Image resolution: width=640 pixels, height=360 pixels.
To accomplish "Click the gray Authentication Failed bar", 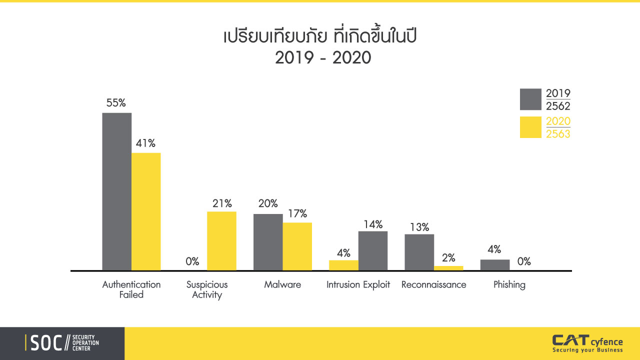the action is point(117,191).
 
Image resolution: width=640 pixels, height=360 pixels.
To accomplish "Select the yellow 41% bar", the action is point(146,211).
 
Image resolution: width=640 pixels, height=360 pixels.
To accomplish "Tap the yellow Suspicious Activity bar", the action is point(221,241).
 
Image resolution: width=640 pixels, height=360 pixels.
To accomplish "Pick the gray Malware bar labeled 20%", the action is point(268,242).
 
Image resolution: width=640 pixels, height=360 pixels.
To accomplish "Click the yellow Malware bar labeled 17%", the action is point(297,246).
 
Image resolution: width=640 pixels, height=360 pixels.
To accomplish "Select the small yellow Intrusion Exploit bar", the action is point(343,265).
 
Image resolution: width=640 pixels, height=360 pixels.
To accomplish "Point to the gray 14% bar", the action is point(373,250).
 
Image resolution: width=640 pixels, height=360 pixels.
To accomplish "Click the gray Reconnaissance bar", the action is point(419,252).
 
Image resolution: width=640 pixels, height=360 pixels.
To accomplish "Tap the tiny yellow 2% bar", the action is point(448,268).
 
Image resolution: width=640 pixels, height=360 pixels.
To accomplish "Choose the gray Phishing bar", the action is point(495,265).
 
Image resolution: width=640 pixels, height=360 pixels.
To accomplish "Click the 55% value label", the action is point(116,102).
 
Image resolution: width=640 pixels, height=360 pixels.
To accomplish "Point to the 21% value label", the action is point(222,203).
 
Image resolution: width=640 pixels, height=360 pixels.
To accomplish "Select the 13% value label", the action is point(419,227).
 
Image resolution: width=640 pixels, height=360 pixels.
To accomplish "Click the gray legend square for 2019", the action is point(530,99).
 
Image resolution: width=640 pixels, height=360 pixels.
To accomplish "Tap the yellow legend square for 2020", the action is point(530,127).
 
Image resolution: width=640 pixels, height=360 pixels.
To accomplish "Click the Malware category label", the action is point(282,284).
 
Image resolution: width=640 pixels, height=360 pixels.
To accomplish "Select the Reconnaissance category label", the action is point(433,284).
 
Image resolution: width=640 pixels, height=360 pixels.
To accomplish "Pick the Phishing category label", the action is point(509,285).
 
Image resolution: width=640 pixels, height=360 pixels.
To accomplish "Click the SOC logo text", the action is point(46,343).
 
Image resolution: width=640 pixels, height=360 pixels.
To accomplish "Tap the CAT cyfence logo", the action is point(587,343).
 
